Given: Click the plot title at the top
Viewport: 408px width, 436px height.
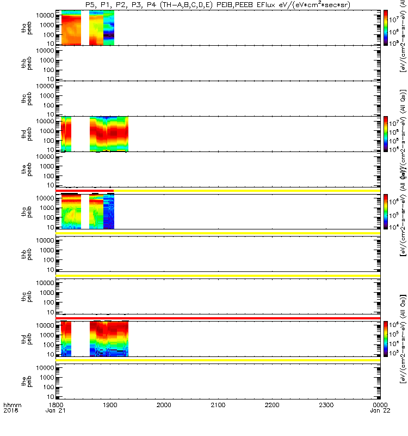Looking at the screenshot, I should point(218,5).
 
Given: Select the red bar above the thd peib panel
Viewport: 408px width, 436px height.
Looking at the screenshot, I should point(218,317).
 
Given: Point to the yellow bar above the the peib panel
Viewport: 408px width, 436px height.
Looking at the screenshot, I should point(218,361).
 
